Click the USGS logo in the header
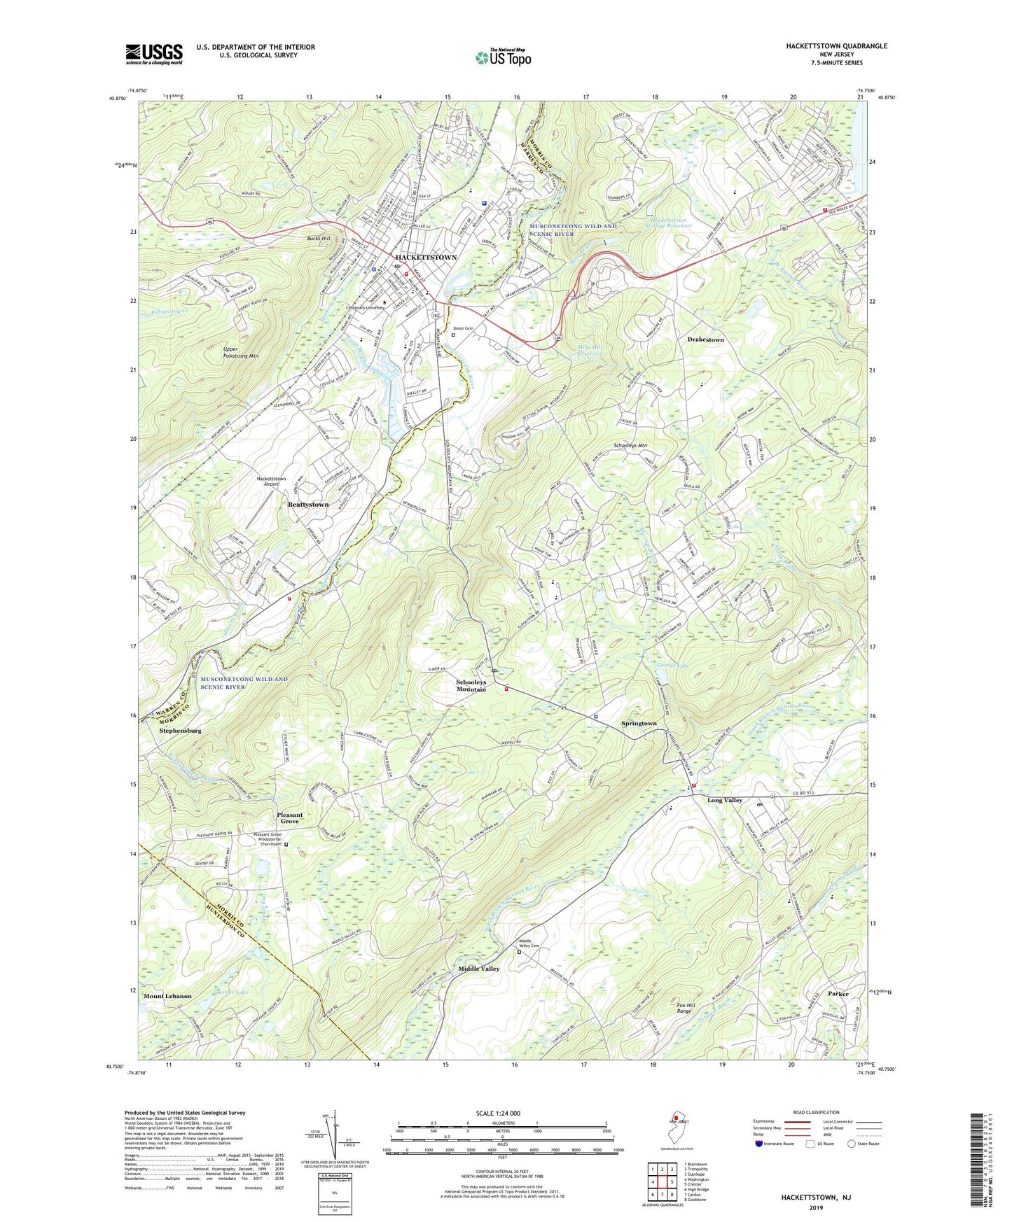coord(154,54)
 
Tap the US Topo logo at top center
coord(502,57)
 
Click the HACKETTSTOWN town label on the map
coord(426,258)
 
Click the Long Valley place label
coord(724,800)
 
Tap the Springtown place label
coord(639,723)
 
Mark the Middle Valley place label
coord(479,969)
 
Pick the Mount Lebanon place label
coord(167,996)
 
